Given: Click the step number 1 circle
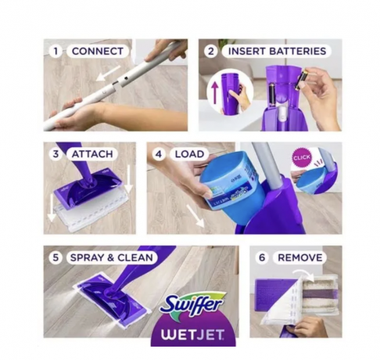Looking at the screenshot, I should [x=56, y=51].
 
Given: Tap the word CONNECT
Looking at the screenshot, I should [x=97, y=51].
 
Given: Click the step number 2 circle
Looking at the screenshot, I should [x=210, y=51].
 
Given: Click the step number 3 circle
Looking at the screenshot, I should [x=56, y=153].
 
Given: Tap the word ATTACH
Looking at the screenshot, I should [x=92, y=153].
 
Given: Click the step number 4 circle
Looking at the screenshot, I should [x=159, y=153].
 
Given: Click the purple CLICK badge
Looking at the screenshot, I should [x=301, y=157].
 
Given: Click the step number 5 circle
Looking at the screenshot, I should [x=56, y=257].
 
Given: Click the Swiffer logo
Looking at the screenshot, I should [x=192, y=303].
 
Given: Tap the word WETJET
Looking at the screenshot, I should [x=193, y=329].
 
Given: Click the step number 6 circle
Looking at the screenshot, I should [x=263, y=257].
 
